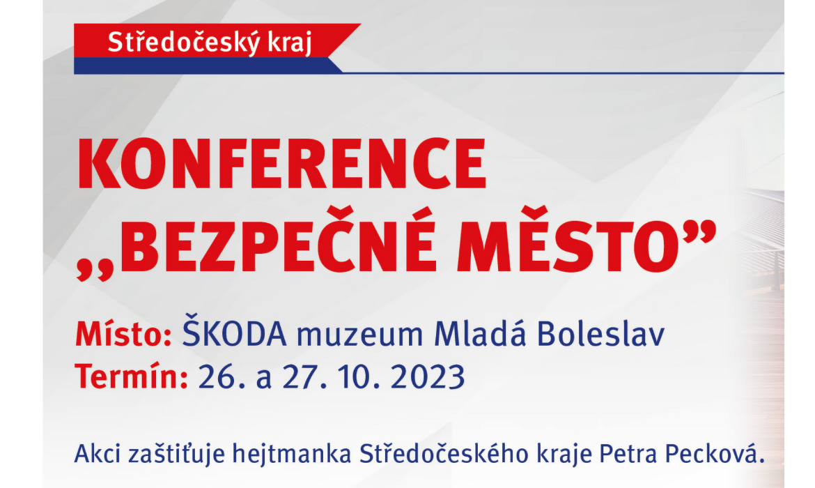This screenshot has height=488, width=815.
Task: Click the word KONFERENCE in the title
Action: pos(281,164)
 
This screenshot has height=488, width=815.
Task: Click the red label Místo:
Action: pos(124,333)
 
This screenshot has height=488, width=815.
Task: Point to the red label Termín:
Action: pos(132,376)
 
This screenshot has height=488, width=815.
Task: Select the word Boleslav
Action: pos(601,333)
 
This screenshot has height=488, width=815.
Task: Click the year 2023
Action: pos(427,376)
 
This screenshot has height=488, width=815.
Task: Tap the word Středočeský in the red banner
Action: pos(183,42)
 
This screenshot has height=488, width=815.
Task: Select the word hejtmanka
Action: pos(292,453)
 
